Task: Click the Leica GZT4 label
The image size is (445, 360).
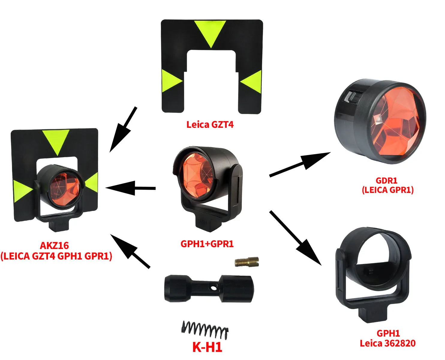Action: (210, 124)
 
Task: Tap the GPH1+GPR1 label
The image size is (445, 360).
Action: (207, 244)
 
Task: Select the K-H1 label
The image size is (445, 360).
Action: (207, 347)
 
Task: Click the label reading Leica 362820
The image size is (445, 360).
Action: (388, 343)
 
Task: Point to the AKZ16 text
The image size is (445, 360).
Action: (54, 245)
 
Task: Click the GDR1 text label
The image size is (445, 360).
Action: (387, 181)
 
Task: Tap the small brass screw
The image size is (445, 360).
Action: (246, 262)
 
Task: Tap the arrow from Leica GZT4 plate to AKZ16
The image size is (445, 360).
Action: (123, 129)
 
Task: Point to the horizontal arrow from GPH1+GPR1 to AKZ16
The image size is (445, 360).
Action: (130, 188)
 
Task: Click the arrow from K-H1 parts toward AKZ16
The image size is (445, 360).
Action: (130, 251)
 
